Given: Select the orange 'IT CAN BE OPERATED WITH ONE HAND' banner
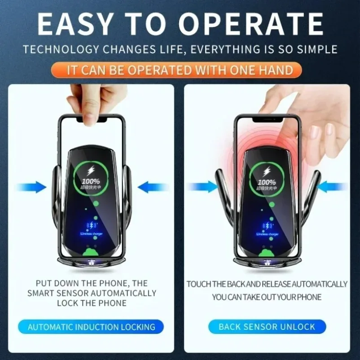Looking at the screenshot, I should [180, 70].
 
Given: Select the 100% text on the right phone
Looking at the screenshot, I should [267, 183].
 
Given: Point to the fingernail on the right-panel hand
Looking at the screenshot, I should [315, 132].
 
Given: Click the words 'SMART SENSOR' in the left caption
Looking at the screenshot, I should [57, 293].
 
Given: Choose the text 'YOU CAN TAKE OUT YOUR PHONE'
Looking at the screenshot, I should [267, 297].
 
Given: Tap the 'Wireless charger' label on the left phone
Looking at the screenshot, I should [93, 234].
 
